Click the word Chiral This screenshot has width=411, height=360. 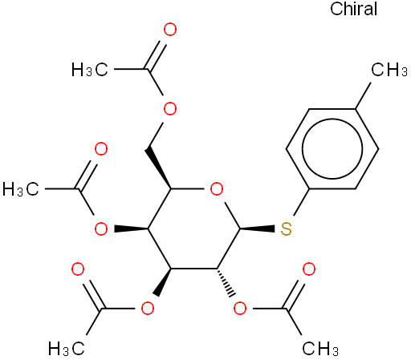[x=353, y=9]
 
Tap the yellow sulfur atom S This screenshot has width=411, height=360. [x=286, y=229]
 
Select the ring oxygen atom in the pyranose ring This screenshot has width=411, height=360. [x=217, y=189]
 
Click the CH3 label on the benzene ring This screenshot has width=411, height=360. [x=389, y=70]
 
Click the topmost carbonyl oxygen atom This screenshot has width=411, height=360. [x=170, y=30]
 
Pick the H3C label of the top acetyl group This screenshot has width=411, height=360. [x=90, y=70]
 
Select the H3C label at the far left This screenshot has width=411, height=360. [x=21, y=189]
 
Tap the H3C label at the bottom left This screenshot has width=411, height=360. [x=67, y=349]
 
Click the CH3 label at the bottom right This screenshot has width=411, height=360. [x=320, y=349]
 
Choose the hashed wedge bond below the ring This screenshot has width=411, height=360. [x=226, y=282]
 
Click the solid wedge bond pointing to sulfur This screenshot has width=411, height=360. [x=258, y=229]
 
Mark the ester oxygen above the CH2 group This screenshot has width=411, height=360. [x=170, y=109]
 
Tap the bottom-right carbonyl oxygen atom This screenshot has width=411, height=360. [x=309, y=269]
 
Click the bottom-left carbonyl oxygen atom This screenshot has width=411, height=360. [x=78, y=269]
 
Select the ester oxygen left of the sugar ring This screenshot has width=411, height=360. [x=101, y=229]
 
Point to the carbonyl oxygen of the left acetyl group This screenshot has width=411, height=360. [x=101, y=149]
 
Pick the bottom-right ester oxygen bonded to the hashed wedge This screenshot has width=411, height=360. [x=240, y=309]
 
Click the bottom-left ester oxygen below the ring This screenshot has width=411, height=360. [x=148, y=309]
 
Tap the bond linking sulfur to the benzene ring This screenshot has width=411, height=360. [x=301, y=202]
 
